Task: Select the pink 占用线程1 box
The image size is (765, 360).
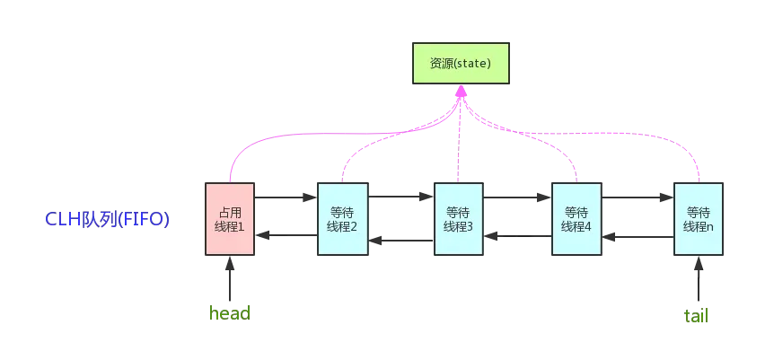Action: (231, 219)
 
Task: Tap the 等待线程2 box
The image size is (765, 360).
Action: (343, 219)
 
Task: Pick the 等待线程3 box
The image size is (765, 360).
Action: (458, 219)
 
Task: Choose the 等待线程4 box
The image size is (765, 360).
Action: (575, 219)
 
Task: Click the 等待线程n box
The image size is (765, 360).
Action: (698, 219)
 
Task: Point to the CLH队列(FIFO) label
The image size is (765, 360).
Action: (108, 220)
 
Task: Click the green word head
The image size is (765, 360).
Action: (229, 314)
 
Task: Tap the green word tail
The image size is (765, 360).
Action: (697, 316)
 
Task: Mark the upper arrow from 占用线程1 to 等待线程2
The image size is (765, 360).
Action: (286, 196)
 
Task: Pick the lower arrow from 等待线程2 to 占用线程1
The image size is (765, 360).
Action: (286, 236)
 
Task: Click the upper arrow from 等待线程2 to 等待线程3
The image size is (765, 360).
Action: (400, 196)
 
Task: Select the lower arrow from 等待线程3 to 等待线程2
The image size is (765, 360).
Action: (400, 239)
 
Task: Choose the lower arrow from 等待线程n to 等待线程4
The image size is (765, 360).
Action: (637, 237)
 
